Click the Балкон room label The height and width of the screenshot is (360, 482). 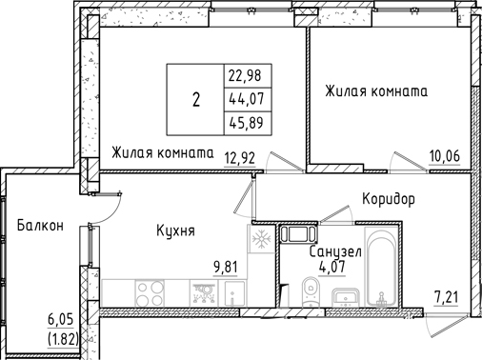pyautogui.click(x=39, y=226)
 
